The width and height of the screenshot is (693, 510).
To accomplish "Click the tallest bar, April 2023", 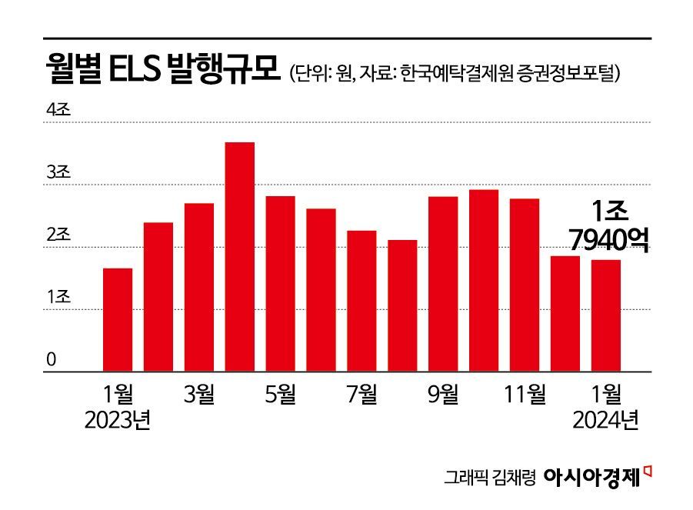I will [x=240, y=257].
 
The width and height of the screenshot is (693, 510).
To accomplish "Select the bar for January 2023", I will [x=118, y=320].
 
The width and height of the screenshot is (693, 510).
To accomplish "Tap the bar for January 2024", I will [x=606, y=315].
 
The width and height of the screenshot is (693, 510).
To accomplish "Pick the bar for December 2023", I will [x=565, y=314].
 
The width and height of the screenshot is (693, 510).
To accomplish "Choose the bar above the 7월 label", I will [x=361, y=301].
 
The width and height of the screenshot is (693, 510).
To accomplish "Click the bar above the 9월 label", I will [x=443, y=284].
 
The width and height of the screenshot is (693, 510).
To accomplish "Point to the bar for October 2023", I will [x=484, y=281].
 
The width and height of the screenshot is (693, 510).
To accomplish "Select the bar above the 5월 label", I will [x=280, y=284].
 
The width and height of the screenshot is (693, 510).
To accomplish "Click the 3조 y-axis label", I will [x=58, y=173].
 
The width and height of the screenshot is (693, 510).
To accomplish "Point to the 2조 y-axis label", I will [x=58, y=235].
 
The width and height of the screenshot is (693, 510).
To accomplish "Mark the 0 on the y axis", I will [x=52, y=359].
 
